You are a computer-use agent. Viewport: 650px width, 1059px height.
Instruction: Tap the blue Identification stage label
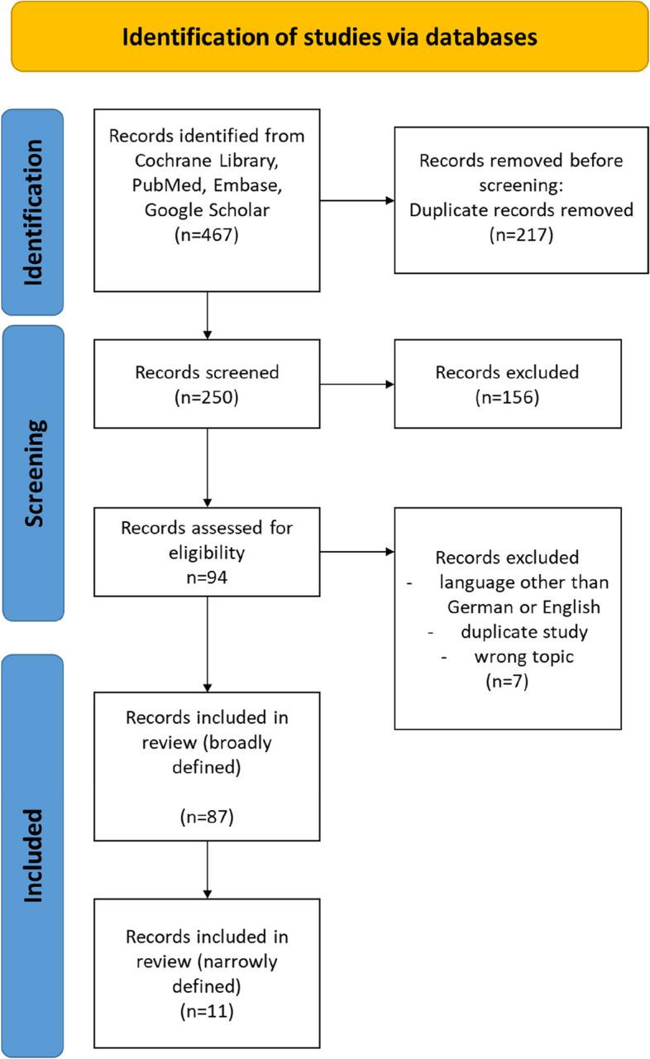(x=33, y=212)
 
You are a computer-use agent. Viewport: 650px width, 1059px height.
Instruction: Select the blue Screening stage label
(x=33, y=472)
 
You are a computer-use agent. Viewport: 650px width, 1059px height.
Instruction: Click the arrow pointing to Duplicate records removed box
(x=356, y=199)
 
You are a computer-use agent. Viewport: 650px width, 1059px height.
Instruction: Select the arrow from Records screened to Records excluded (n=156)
(x=356, y=384)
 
